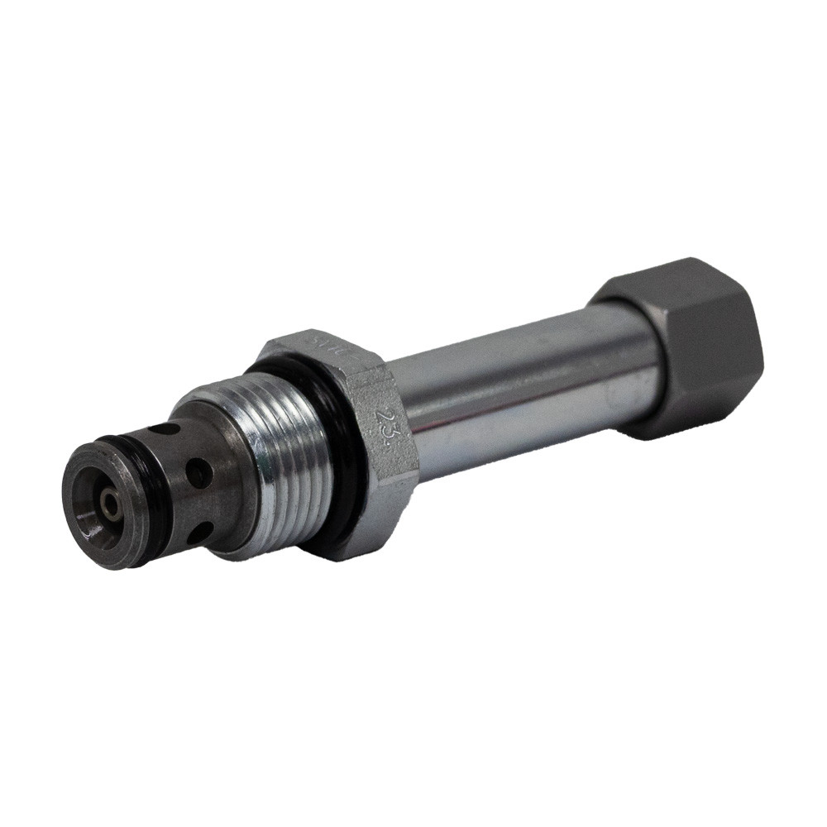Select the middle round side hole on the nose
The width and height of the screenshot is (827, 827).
198,473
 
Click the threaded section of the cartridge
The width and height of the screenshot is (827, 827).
285,463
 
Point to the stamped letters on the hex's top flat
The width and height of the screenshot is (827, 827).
323,342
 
